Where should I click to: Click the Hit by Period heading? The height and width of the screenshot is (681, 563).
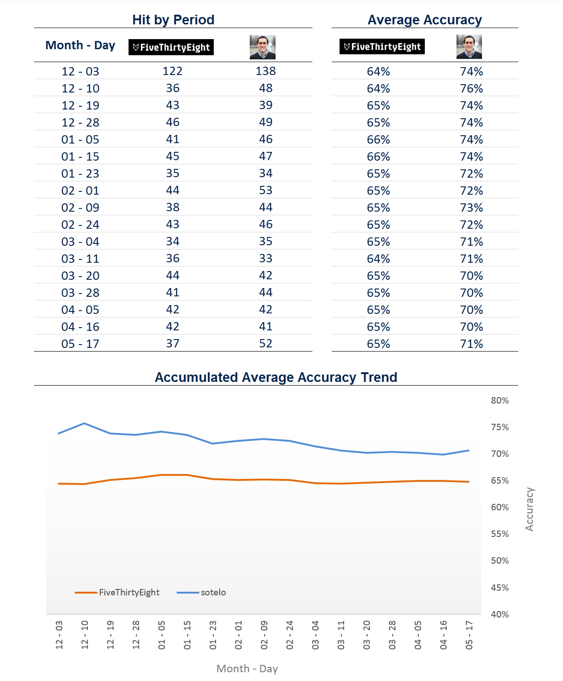click(x=173, y=20)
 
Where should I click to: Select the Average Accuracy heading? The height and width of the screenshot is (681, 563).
click(x=424, y=20)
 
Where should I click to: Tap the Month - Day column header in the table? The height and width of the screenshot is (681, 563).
click(x=80, y=45)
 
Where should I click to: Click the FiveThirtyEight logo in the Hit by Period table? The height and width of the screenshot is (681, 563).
click(x=171, y=47)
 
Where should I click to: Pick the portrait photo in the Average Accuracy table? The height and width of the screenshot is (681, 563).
click(x=469, y=47)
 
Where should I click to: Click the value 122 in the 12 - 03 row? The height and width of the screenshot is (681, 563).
click(x=172, y=71)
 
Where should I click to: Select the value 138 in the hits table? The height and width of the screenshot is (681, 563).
click(x=265, y=71)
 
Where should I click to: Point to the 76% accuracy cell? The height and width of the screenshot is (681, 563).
click(x=471, y=88)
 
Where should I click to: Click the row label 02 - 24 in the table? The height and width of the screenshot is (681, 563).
click(x=80, y=225)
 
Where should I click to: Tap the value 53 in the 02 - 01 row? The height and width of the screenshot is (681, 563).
click(x=265, y=190)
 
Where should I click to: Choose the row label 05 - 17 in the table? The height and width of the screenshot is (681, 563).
click(x=80, y=344)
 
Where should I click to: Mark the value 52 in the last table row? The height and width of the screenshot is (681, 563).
click(x=265, y=343)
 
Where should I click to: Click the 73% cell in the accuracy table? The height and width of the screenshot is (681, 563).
click(x=471, y=208)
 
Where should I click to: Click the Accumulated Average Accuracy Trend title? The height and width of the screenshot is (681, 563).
click(x=276, y=377)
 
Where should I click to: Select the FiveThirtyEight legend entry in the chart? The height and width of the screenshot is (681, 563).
click(x=117, y=592)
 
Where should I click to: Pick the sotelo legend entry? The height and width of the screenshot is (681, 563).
click(x=201, y=592)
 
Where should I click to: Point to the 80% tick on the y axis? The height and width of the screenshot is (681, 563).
click(x=499, y=400)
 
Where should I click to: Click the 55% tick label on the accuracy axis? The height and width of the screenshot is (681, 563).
click(x=499, y=534)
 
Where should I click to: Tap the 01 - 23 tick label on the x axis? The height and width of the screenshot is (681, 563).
click(x=213, y=635)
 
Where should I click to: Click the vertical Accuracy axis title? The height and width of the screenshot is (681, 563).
click(x=529, y=509)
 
